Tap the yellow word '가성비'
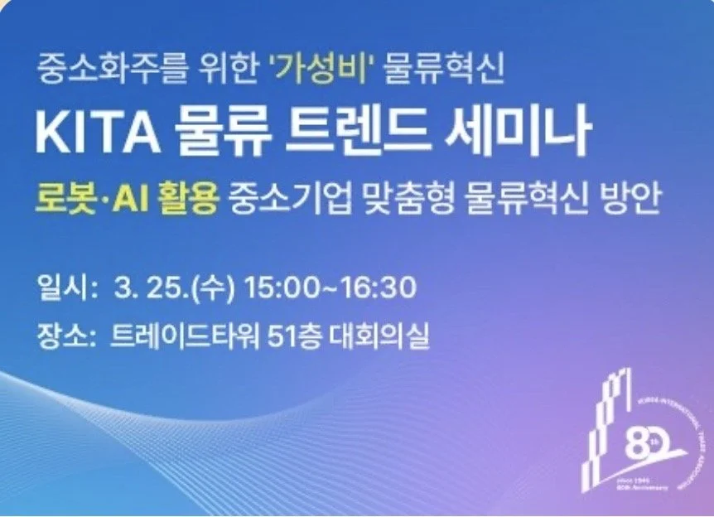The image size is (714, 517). pyautogui.click(x=319, y=70)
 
